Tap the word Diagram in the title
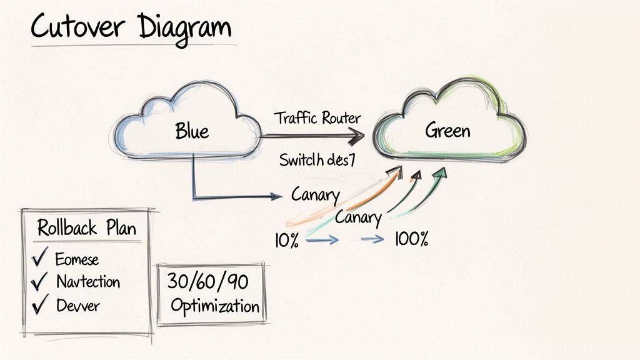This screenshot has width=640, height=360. click(x=184, y=28)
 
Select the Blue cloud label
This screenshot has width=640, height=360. click(x=192, y=131)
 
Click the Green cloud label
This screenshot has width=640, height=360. click(x=447, y=131)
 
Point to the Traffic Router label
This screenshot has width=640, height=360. click(x=317, y=117)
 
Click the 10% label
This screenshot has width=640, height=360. click(x=286, y=240)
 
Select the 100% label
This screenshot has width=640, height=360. click(x=411, y=239)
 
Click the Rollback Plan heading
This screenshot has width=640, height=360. click(x=86, y=227)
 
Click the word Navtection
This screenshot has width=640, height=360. click(x=88, y=281)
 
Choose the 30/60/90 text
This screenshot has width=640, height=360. click(x=207, y=282)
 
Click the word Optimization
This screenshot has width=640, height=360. click(x=214, y=307)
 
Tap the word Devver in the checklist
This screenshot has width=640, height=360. click(x=77, y=306)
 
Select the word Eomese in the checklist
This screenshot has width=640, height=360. click(x=77, y=258)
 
